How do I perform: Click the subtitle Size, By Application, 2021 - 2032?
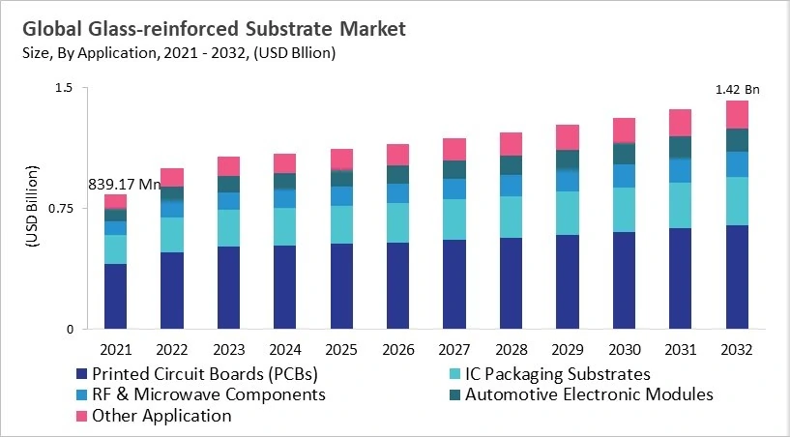click(x=178, y=53)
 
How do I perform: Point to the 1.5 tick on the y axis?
click(x=64, y=89)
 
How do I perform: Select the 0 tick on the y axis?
click(x=70, y=330)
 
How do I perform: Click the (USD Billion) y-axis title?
click(x=32, y=209)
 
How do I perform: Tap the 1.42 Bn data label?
click(x=737, y=90)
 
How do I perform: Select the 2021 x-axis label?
click(x=115, y=348)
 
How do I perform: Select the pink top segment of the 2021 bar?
click(x=115, y=201)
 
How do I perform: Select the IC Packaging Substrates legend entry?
click(x=557, y=373)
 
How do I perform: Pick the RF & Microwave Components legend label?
click(x=208, y=394)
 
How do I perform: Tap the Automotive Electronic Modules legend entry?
click(x=589, y=394)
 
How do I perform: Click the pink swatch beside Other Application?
click(x=81, y=416)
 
